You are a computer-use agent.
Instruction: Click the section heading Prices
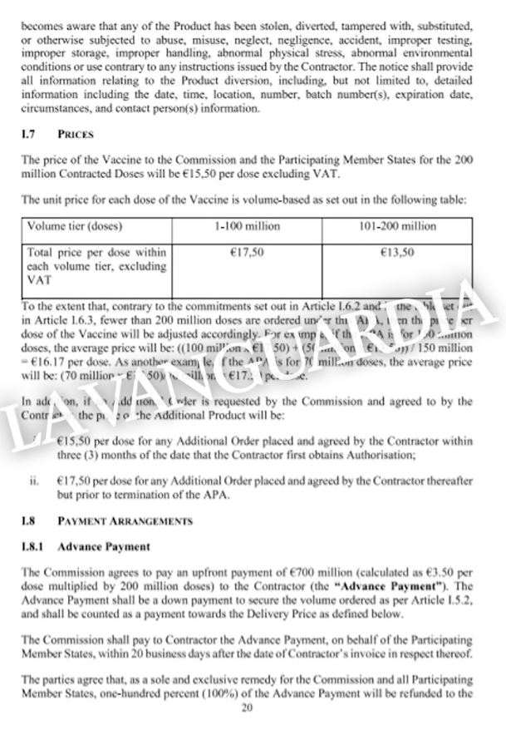click(76, 134)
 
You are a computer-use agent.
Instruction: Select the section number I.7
click(27, 134)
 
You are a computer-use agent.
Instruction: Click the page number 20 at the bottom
click(246, 708)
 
